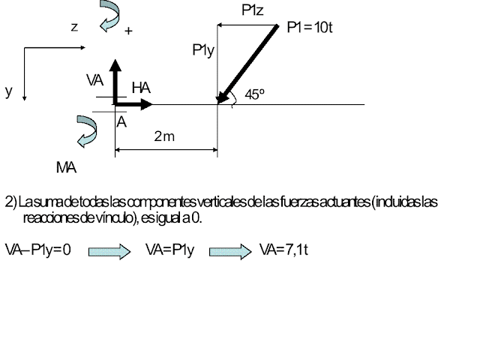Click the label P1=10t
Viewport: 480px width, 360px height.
point(310,28)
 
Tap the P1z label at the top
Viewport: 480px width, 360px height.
point(252,10)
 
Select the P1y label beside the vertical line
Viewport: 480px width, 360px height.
point(202,51)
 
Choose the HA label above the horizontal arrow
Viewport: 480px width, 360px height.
point(141,88)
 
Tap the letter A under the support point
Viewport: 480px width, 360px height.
point(121,121)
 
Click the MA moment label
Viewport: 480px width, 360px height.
point(66,167)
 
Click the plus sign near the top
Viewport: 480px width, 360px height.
point(128,31)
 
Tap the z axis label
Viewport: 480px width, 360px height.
point(74,27)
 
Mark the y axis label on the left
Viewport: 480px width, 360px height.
point(9,91)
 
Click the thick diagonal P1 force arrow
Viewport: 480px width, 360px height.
point(246,64)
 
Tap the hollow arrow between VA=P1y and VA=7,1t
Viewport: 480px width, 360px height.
point(229,250)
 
